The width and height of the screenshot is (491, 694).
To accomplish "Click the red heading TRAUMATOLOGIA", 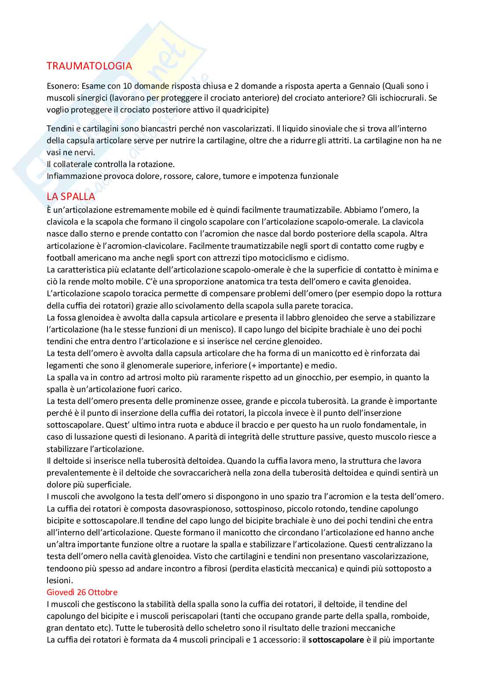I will point(89,66).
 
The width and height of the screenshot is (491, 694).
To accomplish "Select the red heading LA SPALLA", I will point(71,196).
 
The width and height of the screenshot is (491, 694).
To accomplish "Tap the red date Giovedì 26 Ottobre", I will point(82,592).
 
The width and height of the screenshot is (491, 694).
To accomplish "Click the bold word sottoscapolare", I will point(336,640).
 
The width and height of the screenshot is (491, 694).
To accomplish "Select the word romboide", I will point(410,616).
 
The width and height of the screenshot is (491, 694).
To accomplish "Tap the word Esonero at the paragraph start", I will point(62,86).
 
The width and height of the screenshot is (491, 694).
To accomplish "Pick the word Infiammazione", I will point(74,176).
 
